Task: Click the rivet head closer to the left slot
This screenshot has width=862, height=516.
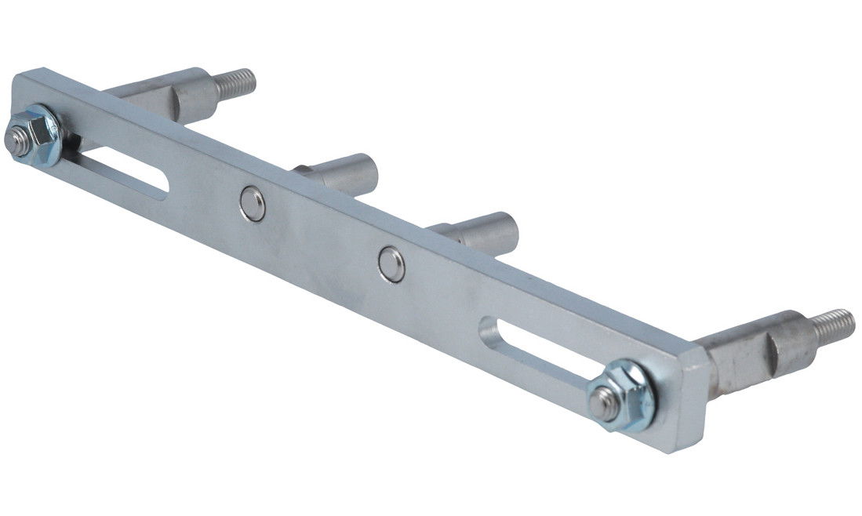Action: click(x=253, y=204)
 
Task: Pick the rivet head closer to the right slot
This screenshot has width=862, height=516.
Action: click(x=391, y=263)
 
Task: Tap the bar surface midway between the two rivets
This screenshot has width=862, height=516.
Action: click(x=322, y=234)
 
